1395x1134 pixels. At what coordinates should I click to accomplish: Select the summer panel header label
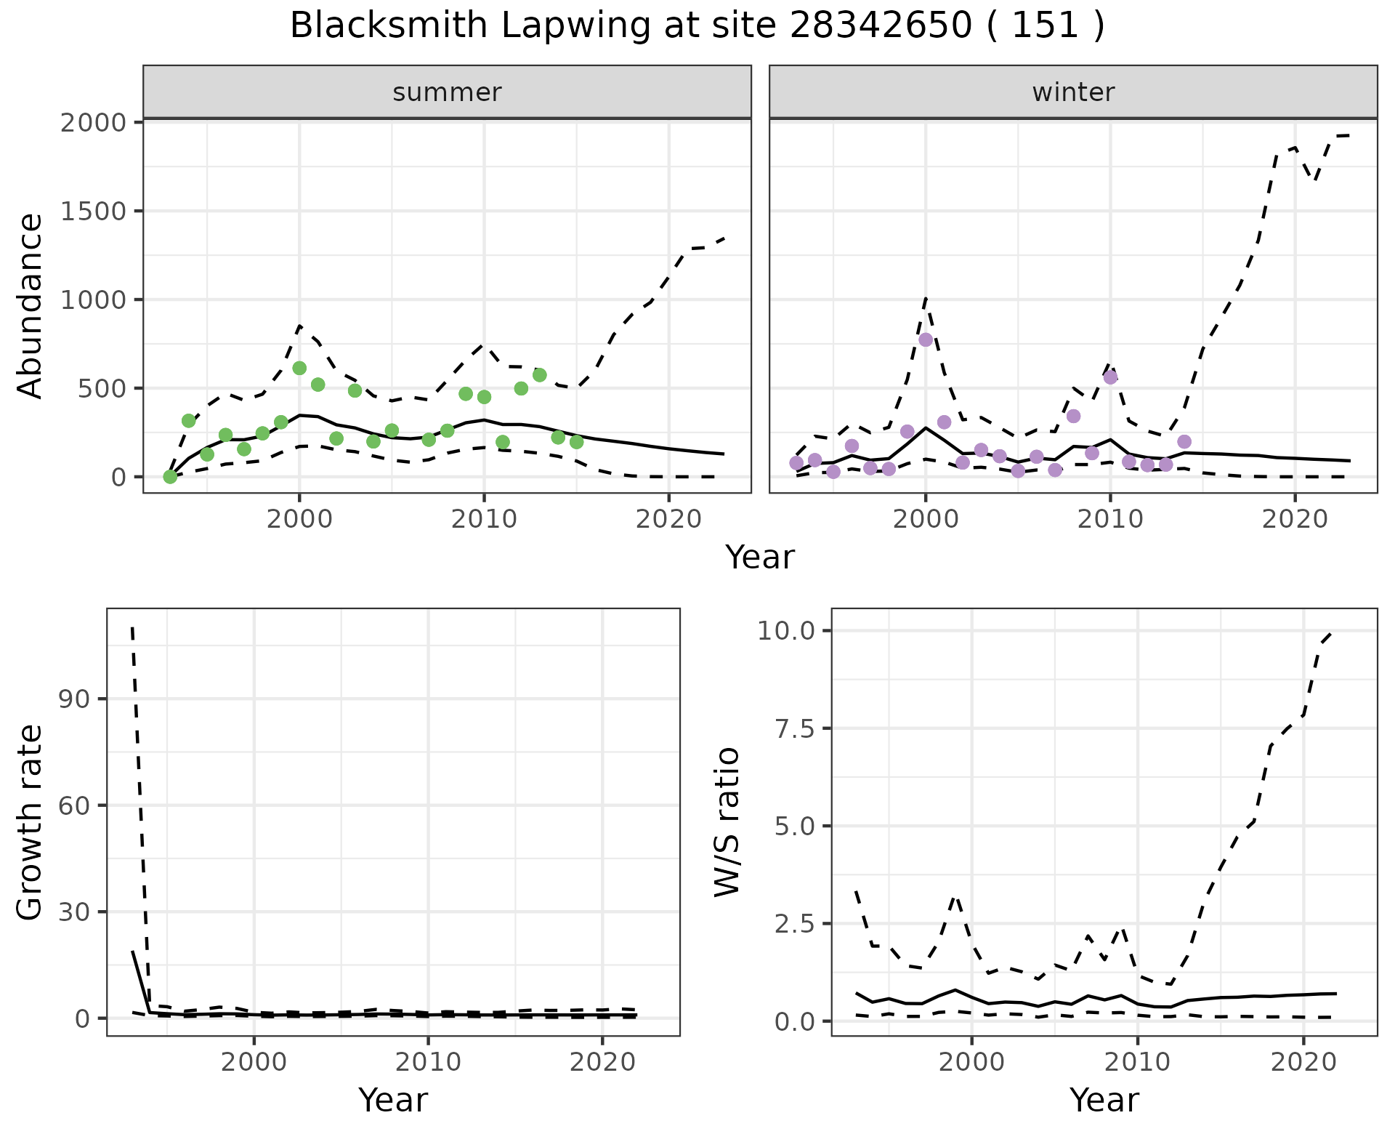[447, 92]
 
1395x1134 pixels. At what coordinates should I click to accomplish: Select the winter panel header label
[1073, 92]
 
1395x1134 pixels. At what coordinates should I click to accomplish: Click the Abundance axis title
[31, 306]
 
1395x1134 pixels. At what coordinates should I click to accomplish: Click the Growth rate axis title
[31, 822]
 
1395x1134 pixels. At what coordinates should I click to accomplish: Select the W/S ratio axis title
[727, 822]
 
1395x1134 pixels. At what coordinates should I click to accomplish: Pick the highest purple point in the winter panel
[926, 339]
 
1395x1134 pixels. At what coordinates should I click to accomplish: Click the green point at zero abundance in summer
[170, 477]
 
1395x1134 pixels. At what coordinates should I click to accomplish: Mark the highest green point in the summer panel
[299, 369]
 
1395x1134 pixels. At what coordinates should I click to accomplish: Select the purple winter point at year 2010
[1110, 377]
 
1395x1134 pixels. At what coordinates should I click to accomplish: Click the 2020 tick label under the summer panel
[668, 520]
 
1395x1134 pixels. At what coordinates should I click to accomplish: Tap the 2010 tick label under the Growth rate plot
[428, 1062]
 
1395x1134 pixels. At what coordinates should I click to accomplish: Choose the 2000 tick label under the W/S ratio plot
[972, 1062]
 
